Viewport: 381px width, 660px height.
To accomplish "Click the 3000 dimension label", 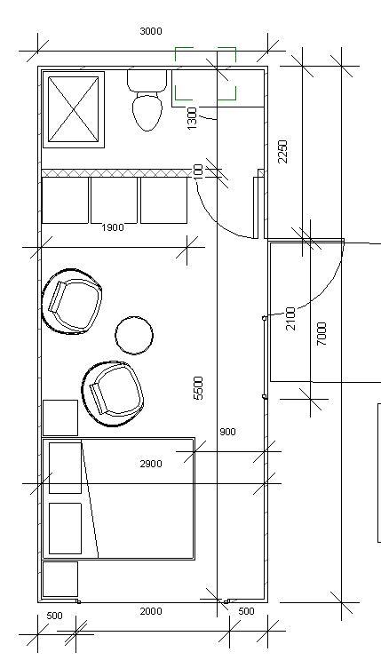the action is [x=151, y=31].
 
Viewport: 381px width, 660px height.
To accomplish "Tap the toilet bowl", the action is [x=147, y=113].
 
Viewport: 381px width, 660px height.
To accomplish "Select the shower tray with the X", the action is [x=74, y=109].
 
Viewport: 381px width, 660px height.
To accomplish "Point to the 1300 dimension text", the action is [x=192, y=118].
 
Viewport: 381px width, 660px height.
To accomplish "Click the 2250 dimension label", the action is [x=283, y=152].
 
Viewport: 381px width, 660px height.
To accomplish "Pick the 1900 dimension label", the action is [x=113, y=227].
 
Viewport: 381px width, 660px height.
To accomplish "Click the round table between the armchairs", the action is [x=134, y=335].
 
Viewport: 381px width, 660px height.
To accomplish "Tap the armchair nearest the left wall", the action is [x=72, y=301].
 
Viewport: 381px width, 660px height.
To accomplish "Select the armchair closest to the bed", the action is [x=113, y=394].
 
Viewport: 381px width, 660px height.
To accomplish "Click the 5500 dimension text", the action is [x=198, y=388].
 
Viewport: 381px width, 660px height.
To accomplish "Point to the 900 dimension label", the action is [x=227, y=432].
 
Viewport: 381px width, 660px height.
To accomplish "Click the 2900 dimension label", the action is [x=151, y=464].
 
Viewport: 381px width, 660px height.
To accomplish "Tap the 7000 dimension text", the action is [x=321, y=334].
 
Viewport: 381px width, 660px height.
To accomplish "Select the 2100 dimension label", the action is [x=291, y=319].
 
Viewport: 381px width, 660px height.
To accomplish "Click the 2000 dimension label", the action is [x=151, y=611].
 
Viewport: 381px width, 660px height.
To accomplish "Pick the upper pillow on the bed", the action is [x=65, y=467].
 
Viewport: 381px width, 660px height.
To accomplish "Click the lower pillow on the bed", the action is [x=65, y=529].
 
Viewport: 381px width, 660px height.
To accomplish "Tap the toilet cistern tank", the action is [x=147, y=81].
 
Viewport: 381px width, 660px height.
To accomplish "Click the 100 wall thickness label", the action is [x=199, y=171].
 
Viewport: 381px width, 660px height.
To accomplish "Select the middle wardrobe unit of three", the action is [x=114, y=201].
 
